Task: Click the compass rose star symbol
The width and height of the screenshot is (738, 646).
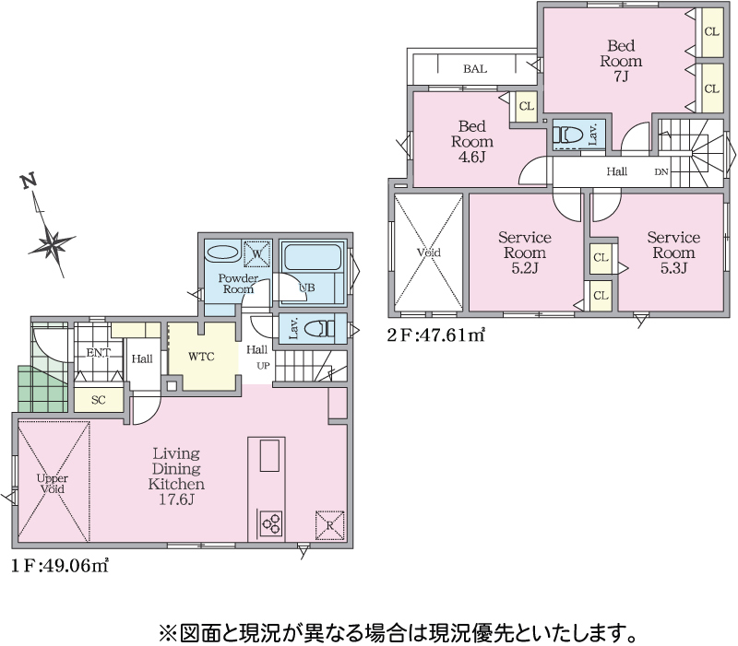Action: tap(51, 243)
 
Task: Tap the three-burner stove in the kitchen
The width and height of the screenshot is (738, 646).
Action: tap(270, 523)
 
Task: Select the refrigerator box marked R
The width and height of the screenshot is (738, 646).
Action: tap(329, 524)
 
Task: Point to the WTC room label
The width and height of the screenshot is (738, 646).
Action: tap(201, 357)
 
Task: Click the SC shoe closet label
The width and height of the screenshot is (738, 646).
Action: tap(99, 400)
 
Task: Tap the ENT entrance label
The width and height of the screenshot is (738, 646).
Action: tap(98, 353)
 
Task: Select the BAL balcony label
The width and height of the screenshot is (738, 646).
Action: tap(475, 69)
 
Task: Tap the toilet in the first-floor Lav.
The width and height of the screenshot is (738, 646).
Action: tap(319, 328)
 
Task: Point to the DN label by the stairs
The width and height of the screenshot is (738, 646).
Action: tap(661, 172)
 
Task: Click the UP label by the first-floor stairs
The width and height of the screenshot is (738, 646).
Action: tap(263, 366)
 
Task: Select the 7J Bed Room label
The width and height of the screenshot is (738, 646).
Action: tap(621, 61)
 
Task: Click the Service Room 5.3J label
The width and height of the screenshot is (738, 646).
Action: tap(673, 252)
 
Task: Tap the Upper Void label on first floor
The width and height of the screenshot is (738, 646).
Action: tap(53, 484)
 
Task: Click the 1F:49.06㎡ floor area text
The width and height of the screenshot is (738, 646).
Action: tap(60, 565)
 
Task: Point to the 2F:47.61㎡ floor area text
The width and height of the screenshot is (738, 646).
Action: tap(435, 335)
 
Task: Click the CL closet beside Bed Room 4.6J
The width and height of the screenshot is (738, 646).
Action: tap(526, 107)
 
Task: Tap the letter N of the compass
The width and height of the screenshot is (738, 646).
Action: tap(29, 181)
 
